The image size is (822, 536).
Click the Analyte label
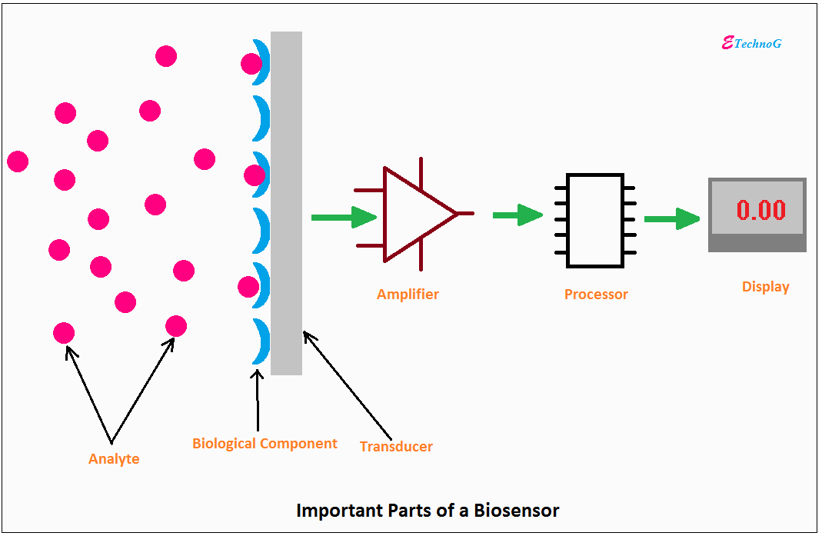114,459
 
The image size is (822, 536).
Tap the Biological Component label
265,444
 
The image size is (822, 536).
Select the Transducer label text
396,446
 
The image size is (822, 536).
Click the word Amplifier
408,295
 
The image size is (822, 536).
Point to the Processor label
596,295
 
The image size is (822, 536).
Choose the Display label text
765,287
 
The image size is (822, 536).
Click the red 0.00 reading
760,210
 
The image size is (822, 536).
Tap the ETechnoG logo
752,43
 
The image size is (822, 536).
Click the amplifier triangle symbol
414,214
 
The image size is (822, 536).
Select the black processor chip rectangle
595,220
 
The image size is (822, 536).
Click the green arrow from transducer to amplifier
344,217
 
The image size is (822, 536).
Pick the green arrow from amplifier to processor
518,215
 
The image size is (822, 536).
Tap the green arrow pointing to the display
672,218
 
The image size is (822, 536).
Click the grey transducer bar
286,203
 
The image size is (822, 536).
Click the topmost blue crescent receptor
261,62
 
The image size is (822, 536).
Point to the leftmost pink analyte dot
18,161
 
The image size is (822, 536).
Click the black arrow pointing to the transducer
347,385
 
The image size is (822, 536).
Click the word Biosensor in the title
517,511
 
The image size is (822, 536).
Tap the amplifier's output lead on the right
465,214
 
